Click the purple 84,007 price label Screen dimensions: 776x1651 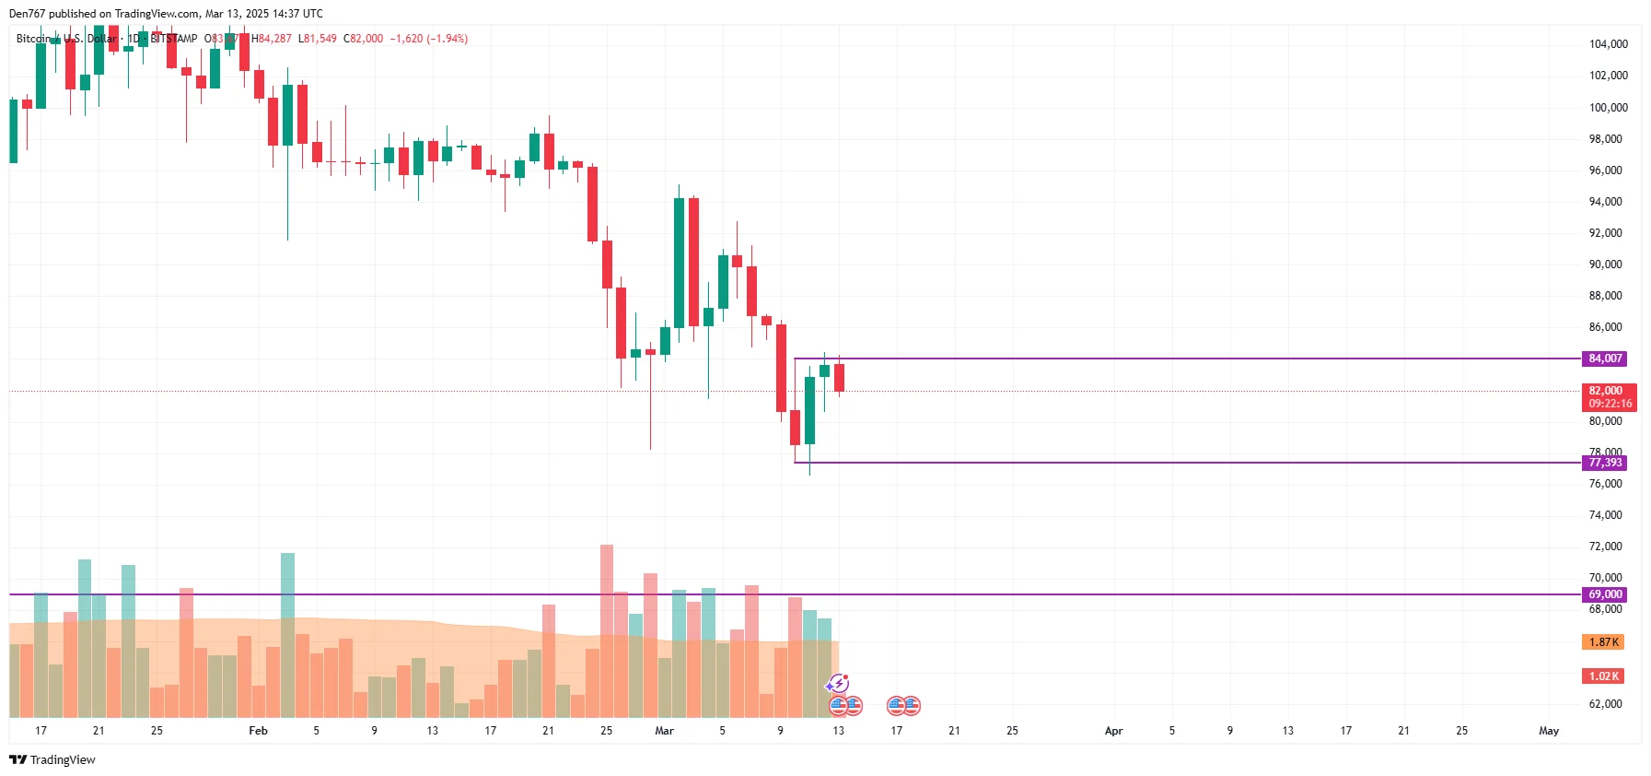1605,359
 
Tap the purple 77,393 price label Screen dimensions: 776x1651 1605,463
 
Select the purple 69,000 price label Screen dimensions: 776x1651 1605,594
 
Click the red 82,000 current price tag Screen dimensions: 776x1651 1608,396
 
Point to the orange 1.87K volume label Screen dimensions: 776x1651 1603,642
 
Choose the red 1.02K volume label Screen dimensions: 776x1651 1603,676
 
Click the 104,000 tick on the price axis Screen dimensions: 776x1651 1608,44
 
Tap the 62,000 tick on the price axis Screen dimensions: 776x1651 1605,704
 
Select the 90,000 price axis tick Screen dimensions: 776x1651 1605,265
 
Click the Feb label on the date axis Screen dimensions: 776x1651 258,731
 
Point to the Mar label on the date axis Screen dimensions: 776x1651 664,731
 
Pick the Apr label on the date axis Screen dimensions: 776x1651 1113,731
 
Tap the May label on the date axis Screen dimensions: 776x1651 1549,731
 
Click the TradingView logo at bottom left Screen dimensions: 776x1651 52,760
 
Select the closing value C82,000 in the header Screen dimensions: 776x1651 363,39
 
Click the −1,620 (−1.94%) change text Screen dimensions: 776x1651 428,39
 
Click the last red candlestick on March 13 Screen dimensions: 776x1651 839,377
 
